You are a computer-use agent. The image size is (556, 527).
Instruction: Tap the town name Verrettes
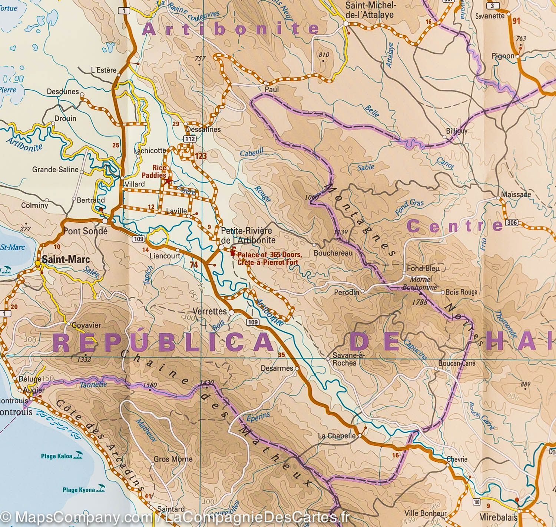pyautogui.click(x=210, y=311)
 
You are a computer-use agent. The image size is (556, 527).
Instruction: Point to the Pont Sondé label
pyautogui.click(x=85, y=231)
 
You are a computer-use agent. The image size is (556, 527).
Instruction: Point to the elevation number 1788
pyautogui.click(x=420, y=302)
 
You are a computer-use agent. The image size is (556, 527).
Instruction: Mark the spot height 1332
pyautogui.click(x=85, y=359)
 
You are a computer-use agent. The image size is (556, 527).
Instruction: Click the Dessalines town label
pyautogui.click(x=203, y=130)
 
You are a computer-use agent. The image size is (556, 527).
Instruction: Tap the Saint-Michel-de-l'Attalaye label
pyautogui.click(x=369, y=10)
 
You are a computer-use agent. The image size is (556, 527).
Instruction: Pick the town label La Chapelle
pyautogui.click(x=337, y=436)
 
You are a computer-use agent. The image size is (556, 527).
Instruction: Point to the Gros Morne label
pyautogui.click(x=173, y=459)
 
